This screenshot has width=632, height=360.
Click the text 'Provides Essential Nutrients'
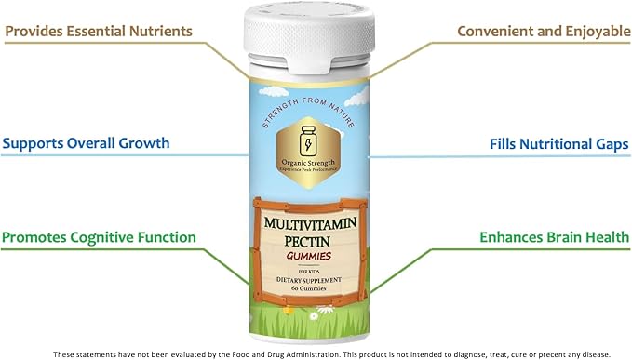point(98,32)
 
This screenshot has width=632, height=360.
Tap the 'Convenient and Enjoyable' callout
point(543,32)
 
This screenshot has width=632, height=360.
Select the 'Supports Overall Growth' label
point(86,144)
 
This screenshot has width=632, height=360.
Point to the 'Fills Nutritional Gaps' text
point(558,144)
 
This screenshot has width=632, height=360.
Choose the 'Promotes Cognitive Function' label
point(99,237)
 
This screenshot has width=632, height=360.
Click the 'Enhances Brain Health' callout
point(555,237)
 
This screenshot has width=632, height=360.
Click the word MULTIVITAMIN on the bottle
point(314,224)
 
